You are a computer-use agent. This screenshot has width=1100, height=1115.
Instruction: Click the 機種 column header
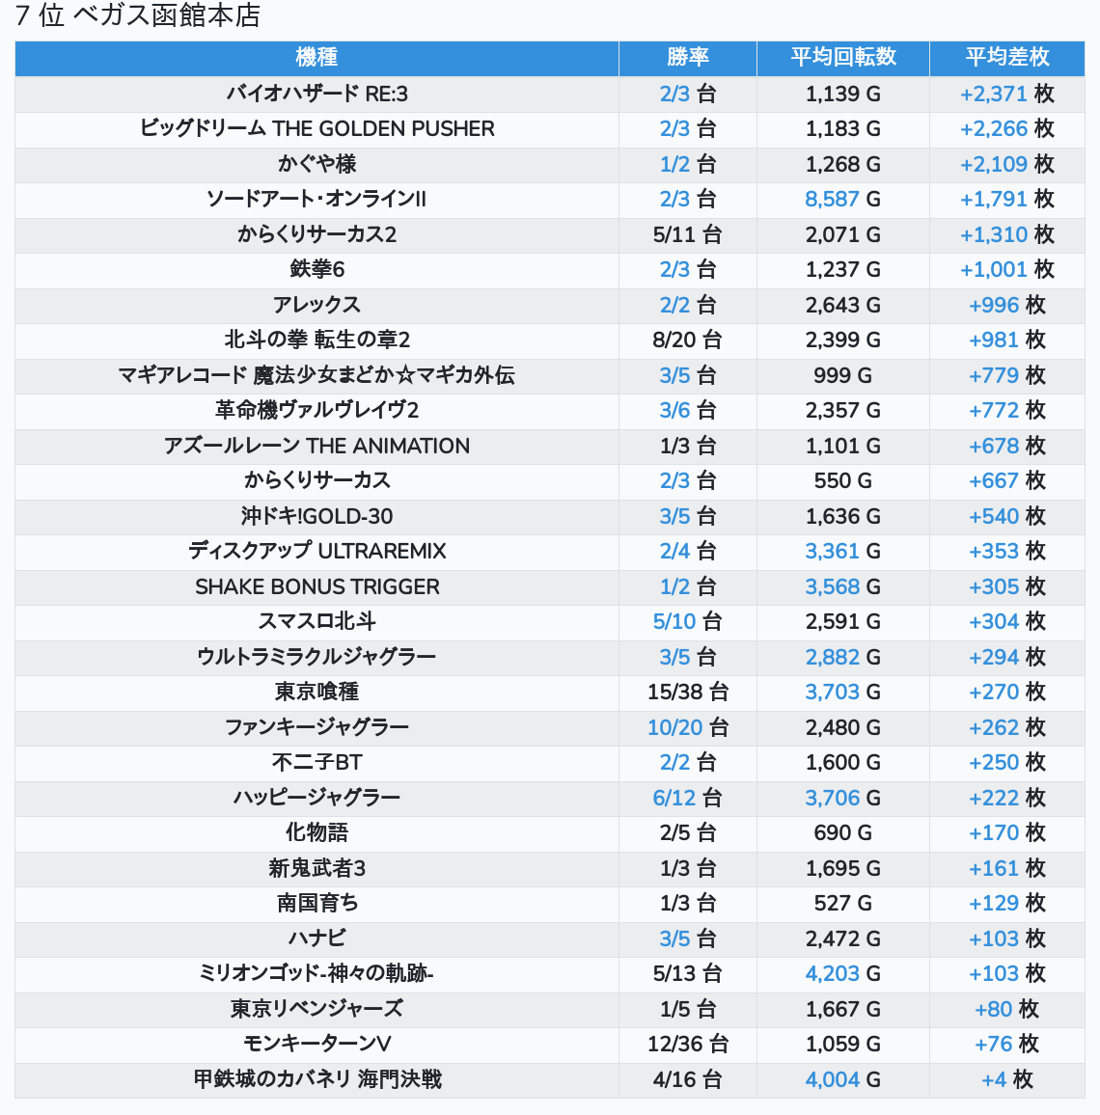pos(316,58)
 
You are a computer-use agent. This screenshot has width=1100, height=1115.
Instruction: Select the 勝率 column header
pos(687,58)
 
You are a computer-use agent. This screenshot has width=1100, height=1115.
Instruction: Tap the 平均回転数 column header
pos(843,58)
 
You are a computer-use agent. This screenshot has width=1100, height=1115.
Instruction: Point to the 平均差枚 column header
pos(1006,58)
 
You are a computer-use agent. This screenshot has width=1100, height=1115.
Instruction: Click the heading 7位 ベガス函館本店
pos(138,15)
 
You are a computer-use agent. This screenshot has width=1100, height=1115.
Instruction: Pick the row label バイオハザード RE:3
pos(316,94)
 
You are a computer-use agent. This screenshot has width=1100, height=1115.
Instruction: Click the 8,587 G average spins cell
pos(842,199)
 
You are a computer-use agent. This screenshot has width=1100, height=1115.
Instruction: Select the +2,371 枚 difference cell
pos(1006,94)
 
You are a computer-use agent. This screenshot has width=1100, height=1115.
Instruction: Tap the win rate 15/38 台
pos(687,692)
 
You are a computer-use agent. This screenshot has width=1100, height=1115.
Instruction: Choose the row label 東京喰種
pos(316,692)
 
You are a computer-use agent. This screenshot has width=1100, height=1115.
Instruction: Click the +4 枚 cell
pos(1006,1079)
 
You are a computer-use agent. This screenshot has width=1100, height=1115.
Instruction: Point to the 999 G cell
pos(842,375)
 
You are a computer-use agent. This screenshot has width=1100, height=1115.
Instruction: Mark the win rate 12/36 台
pos(687,1044)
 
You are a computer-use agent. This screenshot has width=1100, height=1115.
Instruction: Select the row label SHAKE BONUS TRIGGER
pos(316,586)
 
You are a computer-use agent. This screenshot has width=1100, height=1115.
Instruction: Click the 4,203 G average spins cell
pos(842,973)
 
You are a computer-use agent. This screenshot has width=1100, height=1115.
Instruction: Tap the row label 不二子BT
pos(316,762)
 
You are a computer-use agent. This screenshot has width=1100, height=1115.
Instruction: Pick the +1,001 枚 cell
pos(1006,269)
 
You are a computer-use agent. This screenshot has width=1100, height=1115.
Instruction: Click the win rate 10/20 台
pos(687,727)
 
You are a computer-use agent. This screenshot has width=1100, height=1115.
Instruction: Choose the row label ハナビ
pos(316,938)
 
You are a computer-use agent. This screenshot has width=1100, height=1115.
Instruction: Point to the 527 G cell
pos(842,903)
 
